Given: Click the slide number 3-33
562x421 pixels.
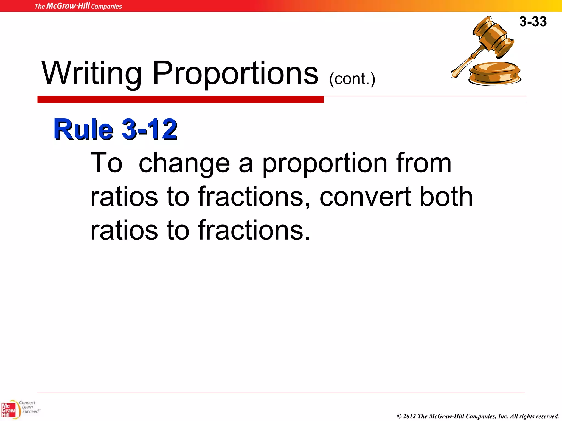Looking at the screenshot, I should [x=533, y=21].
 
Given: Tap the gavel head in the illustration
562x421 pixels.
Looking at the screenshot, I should [x=493, y=37].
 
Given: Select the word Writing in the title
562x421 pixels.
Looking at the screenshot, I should [x=91, y=73].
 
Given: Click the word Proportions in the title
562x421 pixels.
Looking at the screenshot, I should [x=235, y=73].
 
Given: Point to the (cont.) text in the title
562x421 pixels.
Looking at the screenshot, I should [x=352, y=79].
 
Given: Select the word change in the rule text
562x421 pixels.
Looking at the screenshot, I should [x=184, y=164].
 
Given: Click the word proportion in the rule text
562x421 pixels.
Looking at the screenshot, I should [x=325, y=164].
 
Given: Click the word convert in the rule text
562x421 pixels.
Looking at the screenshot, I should [x=365, y=197].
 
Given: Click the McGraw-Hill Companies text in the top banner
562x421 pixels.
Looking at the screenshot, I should [x=78, y=6].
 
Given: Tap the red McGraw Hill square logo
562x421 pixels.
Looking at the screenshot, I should [x=8, y=410].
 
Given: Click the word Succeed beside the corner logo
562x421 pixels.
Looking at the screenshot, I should [x=30, y=411].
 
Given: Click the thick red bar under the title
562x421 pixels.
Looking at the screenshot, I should [x=180, y=99].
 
